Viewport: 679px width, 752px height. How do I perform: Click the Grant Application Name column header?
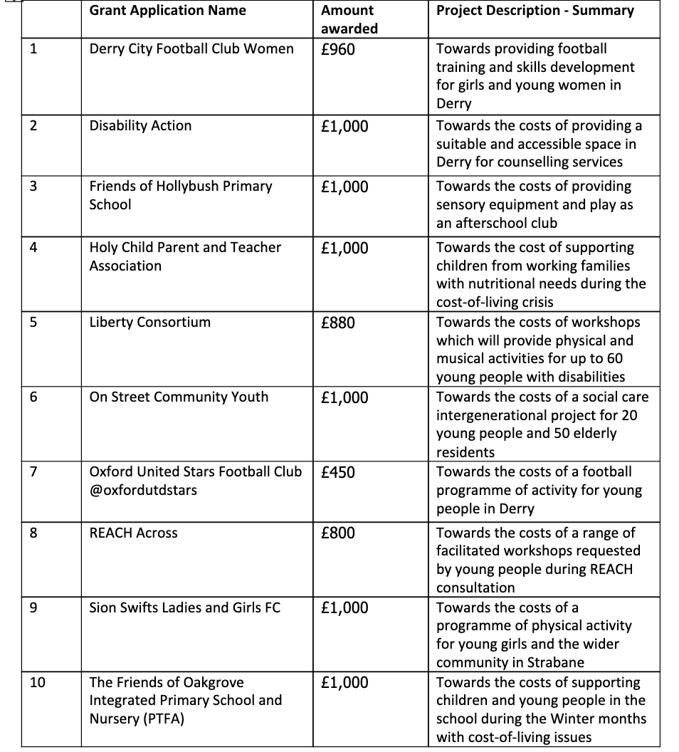(167, 11)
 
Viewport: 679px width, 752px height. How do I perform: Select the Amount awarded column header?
(349, 19)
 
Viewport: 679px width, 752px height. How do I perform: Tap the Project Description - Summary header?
(535, 11)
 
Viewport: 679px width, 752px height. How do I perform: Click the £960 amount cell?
(338, 49)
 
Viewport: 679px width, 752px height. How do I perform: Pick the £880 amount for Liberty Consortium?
(338, 323)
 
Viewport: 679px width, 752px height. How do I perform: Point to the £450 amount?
(338, 472)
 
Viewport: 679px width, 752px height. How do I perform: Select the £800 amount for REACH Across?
(338, 533)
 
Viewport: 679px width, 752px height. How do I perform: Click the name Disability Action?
(140, 126)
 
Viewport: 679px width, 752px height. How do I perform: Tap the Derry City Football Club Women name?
(191, 49)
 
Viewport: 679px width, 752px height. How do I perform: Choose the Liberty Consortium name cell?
(149, 323)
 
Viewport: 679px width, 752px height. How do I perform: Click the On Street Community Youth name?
(179, 397)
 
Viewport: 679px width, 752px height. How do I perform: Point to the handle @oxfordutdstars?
(143, 491)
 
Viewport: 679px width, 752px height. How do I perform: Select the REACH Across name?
(133, 533)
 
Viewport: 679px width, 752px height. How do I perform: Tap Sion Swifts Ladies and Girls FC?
(184, 608)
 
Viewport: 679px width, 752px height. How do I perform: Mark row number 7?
(33, 472)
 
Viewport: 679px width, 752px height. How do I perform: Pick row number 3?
(33, 187)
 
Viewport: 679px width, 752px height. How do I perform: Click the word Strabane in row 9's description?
(556, 663)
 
